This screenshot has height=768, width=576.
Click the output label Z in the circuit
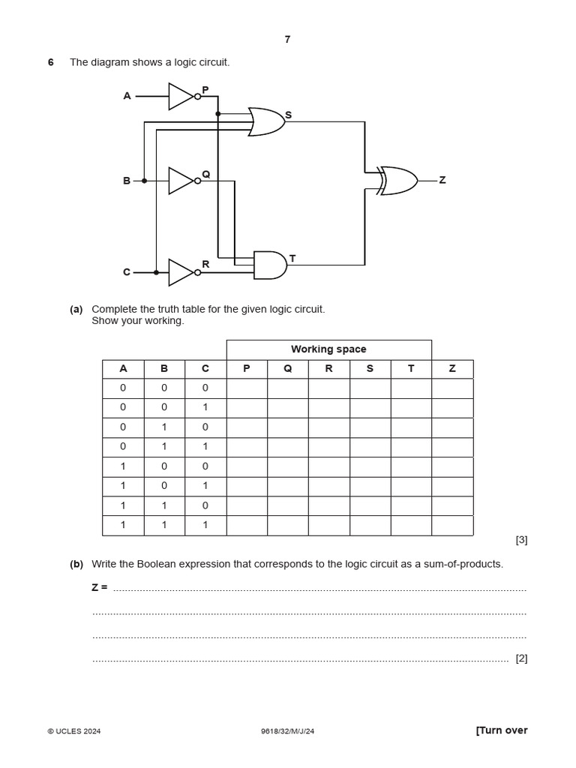442,181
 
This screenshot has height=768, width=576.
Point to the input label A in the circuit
127,96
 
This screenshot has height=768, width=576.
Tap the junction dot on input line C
156,272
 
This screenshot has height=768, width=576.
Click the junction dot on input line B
144,181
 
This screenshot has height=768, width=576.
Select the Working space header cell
328,349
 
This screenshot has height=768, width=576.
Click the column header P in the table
247,369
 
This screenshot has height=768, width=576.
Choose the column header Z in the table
452,369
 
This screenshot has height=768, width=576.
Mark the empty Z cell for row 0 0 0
452,388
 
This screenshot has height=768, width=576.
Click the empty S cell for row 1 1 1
370,526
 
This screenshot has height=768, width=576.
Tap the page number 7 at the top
287,40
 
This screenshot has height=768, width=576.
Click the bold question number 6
51,62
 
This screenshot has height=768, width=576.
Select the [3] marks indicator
521,540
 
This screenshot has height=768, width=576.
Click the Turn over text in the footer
502,730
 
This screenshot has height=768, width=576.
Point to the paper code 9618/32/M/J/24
287,731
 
